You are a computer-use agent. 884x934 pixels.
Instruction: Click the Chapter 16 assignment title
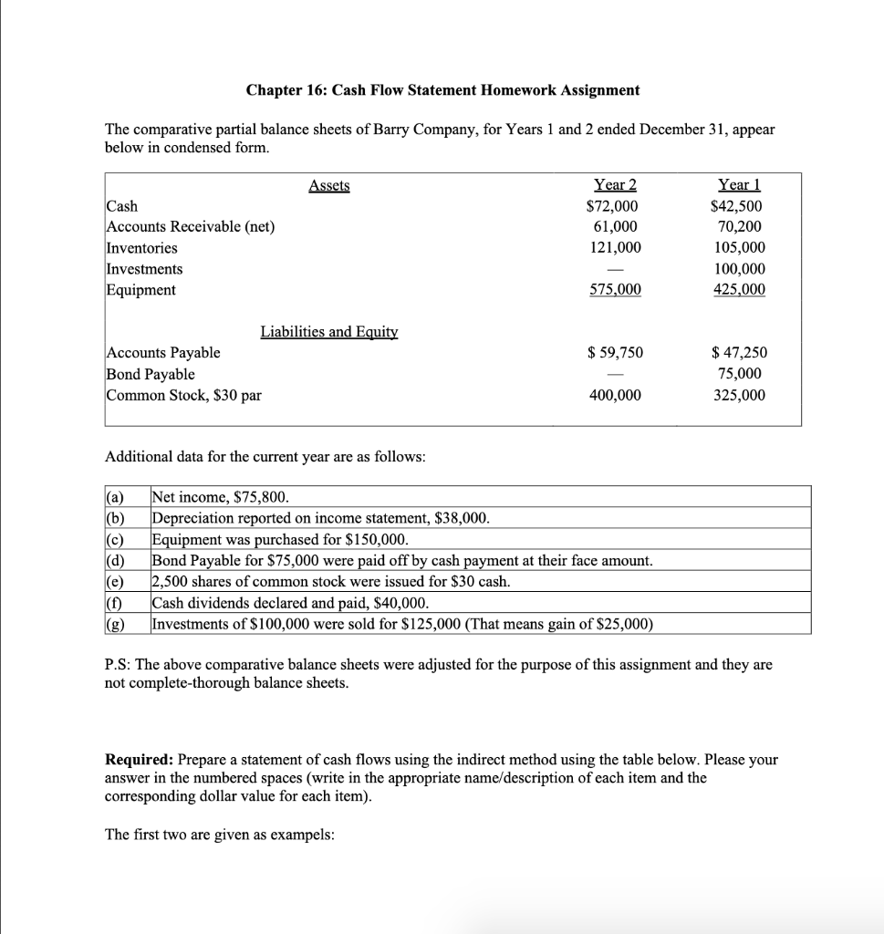(x=442, y=90)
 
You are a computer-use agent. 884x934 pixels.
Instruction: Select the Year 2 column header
(x=615, y=185)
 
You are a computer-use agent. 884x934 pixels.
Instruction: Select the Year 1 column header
(x=740, y=185)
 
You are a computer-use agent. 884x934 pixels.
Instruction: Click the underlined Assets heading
(x=329, y=185)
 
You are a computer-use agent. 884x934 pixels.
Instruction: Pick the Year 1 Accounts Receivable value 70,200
(x=741, y=227)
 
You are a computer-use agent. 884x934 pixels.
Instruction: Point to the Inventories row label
(x=142, y=248)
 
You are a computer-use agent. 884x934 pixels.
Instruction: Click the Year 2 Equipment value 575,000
(x=615, y=290)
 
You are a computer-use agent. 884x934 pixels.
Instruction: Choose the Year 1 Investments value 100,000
(x=740, y=269)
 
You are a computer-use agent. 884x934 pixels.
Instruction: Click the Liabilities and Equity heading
(x=329, y=332)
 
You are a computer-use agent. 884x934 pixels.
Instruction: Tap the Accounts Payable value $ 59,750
(x=615, y=353)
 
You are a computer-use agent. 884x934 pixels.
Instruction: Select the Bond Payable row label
(x=151, y=374)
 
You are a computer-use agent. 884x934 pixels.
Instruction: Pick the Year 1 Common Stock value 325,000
(x=740, y=395)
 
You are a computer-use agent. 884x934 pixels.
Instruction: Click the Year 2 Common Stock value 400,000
(x=615, y=395)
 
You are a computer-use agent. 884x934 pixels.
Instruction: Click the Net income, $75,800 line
(x=221, y=497)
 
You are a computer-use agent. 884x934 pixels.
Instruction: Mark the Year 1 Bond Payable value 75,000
(x=740, y=374)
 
